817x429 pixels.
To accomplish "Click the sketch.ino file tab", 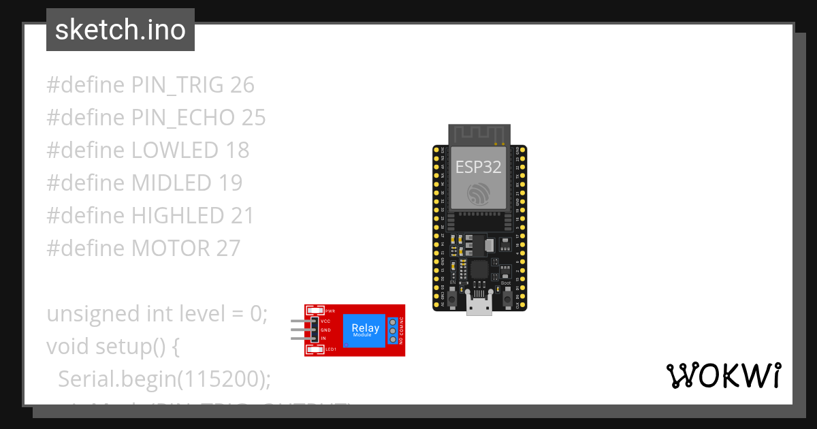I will click(x=121, y=30).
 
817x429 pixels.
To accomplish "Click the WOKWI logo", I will click(x=723, y=375).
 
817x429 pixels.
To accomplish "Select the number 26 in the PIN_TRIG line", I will click(x=242, y=85).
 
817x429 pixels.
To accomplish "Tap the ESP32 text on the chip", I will click(x=479, y=168).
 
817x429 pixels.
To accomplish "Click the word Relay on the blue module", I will click(x=366, y=328).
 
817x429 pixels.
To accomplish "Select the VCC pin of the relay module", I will click(x=314, y=321).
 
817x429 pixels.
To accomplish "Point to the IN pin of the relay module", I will click(x=314, y=338).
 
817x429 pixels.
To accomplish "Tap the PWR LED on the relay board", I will click(x=316, y=311).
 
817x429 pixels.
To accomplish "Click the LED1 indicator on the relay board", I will click(x=316, y=349).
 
